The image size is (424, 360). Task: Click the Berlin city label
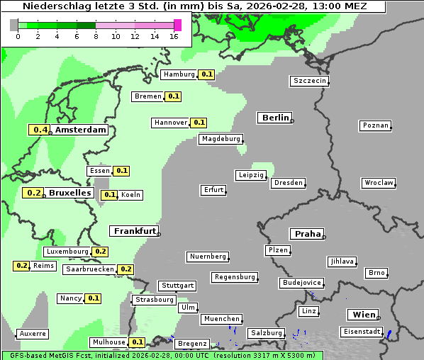click(x=275, y=118)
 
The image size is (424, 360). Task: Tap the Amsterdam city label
click(x=80, y=130)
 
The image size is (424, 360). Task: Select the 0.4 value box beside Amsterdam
click(x=40, y=130)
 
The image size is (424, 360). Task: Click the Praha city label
click(x=307, y=234)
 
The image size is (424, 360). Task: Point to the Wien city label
click(x=362, y=315)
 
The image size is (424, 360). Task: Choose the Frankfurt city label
click(x=134, y=231)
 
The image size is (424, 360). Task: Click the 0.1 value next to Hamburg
click(x=206, y=74)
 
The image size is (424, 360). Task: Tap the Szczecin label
click(x=310, y=81)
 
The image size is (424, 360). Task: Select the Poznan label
click(x=375, y=125)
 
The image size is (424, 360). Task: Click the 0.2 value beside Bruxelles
click(x=33, y=193)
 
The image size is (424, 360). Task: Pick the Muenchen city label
click(x=221, y=319)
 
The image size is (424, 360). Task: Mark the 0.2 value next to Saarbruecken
click(x=125, y=269)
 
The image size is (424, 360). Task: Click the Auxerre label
click(x=33, y=333)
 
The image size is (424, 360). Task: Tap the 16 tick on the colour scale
click(x=174, y=36)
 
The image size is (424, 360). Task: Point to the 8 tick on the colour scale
click(x=96, y=36)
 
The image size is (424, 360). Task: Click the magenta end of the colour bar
click(x=177, y=25)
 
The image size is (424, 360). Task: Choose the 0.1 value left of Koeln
click(x=109, y=195)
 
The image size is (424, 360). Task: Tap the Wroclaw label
click(x=379, y=183)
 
